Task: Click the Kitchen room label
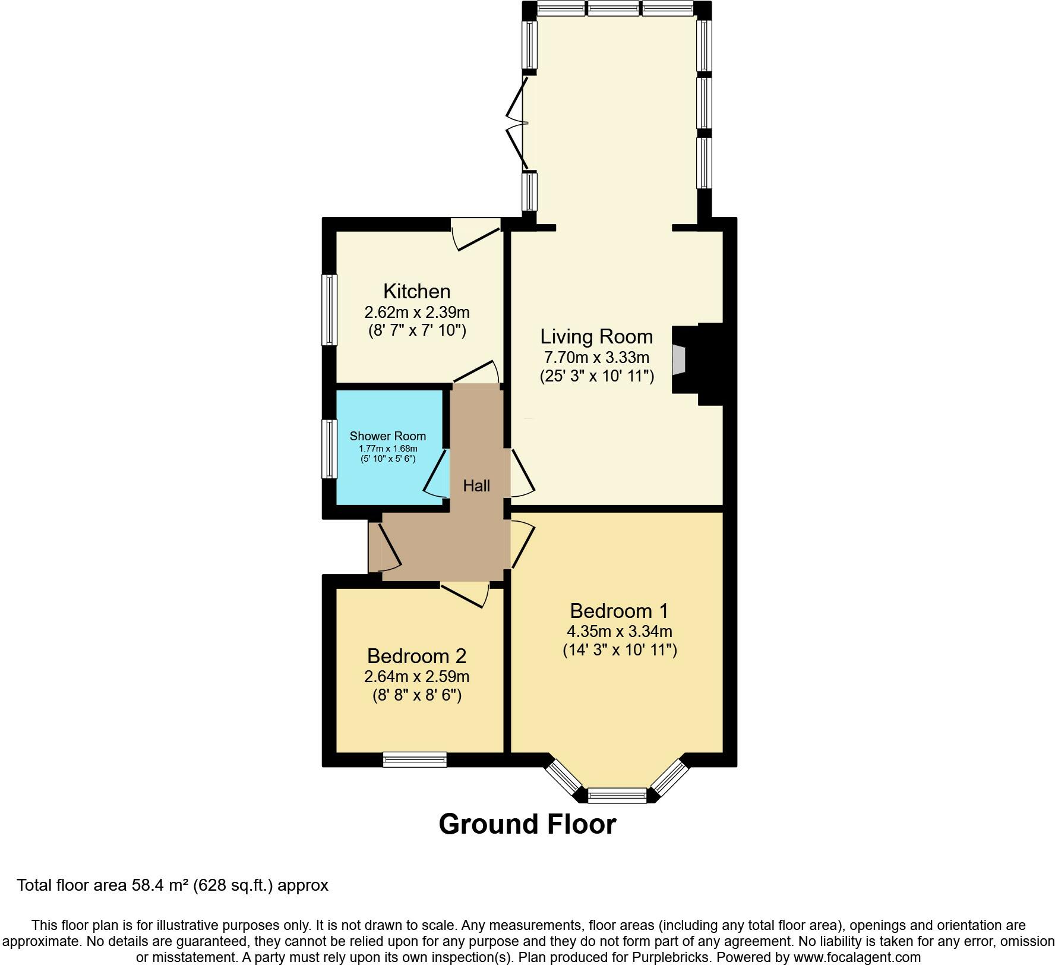[416, 291]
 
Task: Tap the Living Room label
[596, 337]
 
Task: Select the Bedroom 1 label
[619, 611]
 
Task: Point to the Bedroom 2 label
[416, 656]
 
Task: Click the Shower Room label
[388, 436]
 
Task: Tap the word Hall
[476, 486]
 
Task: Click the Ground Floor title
[527, 825]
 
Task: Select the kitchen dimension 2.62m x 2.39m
[416, 312]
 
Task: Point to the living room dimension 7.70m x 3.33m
[596, 358]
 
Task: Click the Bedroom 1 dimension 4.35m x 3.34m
[620, 632]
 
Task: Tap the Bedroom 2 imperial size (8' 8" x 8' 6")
[417, 695]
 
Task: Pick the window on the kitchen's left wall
[330, 310]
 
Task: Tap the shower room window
[330, 449]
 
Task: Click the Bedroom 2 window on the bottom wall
[415, 759]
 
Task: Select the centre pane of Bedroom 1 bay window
[617, 795]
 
